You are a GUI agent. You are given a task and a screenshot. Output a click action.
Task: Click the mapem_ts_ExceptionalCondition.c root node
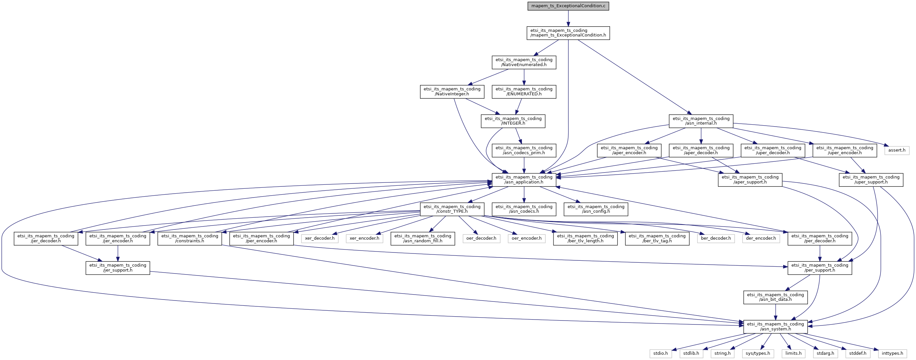pos(568,6)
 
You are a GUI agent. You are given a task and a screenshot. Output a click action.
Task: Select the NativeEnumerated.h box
pos(524,62)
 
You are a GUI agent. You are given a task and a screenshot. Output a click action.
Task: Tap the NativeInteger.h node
pos(452,92)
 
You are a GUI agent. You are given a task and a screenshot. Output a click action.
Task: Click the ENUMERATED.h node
pos(524,92)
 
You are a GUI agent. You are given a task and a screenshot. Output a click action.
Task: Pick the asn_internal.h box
pos(701,121)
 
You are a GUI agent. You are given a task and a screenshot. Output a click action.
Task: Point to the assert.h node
pos(897,150)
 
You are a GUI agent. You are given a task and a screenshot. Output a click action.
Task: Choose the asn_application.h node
pos(524,180)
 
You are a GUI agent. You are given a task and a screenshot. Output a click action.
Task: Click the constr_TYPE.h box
pos(452,209)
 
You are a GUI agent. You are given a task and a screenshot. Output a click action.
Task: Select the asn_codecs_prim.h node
pos(524,151)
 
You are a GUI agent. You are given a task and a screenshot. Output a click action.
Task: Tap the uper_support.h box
pos(871,180)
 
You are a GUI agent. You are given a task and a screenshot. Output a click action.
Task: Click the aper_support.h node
pos(750,180)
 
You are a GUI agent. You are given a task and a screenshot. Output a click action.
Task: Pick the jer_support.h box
pos(118,268)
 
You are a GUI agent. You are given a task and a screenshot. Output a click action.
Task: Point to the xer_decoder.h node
pos(320,238)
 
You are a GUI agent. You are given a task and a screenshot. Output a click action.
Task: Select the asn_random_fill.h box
pos(423,239)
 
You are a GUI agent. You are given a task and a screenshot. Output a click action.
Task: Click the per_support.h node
pos(820,268)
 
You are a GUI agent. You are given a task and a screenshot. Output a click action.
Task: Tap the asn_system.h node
pos(776,327)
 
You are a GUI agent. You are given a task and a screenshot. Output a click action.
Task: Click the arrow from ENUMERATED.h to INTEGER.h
pos(520,105)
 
